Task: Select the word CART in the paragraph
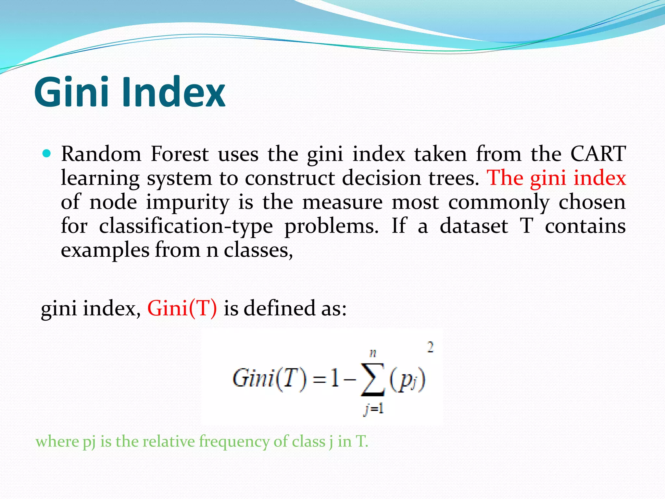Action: pyautogui.click(x=598, y=154)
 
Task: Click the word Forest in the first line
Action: pyautogui.click(x=180, y=154)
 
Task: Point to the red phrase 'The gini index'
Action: pyautogui.click(x=556, y=178)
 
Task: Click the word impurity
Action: pyautogui.click(x=187, y=202)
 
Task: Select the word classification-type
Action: pyautogui.click(x=186, y=226)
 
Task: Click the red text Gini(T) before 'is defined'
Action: pyautogui.click(x=182, y=308)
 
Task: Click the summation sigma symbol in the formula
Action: pyautogui.click(x=372, y=380)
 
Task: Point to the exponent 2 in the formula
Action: pyautogui.click(x=430, y=348)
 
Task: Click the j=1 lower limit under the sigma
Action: pyautogui.click(x=373, y=409)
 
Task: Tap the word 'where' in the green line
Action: pyautogui.click(x=57, y=441)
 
